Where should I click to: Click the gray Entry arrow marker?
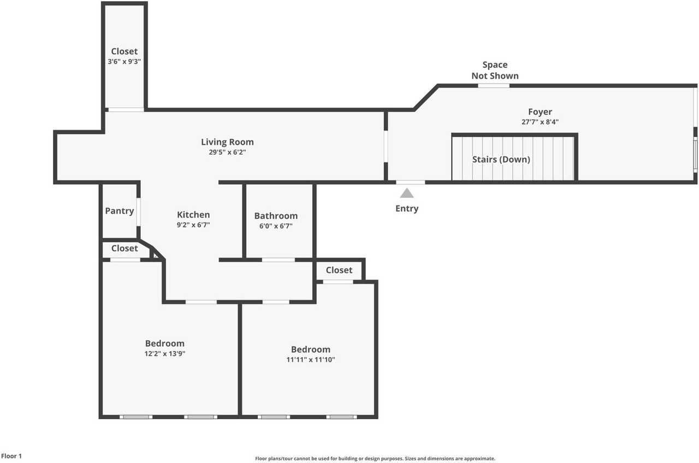point(407,193)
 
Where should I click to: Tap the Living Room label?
point(227,142)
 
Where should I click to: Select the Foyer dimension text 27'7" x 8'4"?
point(540,122)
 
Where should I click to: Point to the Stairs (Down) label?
point(501,159)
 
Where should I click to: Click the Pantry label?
point(120,211)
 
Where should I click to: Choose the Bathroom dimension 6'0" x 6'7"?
point(276,226)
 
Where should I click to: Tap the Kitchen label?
point(193,215)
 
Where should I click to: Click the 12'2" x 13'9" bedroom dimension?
point(165,354)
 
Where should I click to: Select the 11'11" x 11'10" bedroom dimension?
point(311,360)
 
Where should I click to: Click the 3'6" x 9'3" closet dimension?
point(124,62)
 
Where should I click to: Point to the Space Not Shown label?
point(495,71)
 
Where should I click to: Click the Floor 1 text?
point(11,456)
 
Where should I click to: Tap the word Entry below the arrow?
point(407,208)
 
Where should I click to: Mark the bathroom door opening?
point(279,260)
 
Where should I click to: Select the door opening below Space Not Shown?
point(494,86)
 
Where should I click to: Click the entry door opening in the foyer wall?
point(410,182)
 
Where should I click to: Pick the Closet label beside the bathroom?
point(339,270)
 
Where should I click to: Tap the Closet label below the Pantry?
point(125,248)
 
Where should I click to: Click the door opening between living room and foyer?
point(386,146)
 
